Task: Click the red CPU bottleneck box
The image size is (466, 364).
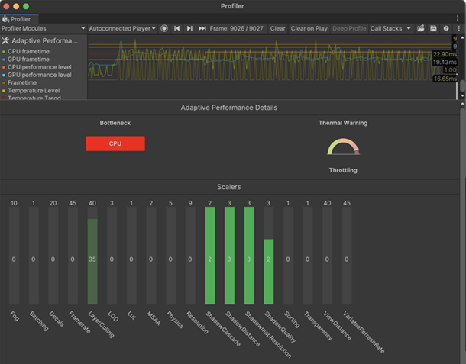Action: [115, 143]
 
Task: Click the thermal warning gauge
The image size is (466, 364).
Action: [342, 147]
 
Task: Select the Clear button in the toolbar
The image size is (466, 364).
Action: [277, 28]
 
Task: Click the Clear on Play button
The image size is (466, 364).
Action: [309, 28]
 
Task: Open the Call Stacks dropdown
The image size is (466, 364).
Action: [390, 28]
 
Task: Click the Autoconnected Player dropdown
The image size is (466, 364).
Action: [121, 28]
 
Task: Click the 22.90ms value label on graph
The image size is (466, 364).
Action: [445, 54]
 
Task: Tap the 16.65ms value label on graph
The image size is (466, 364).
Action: [445, 79]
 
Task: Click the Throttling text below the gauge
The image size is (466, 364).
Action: [343, 170]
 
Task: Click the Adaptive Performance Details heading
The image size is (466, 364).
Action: [228, 108]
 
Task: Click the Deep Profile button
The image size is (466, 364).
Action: [349, 28]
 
